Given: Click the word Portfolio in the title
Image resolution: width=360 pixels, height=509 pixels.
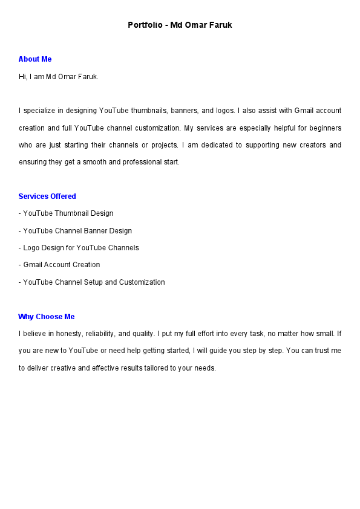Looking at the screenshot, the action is tap(144, 25).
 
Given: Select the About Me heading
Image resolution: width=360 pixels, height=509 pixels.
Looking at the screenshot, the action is tap(35, 59).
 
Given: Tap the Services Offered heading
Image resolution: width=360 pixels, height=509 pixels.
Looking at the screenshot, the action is tap(47, 196).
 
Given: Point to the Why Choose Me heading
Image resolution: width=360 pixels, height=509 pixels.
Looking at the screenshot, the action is tap(47, 317).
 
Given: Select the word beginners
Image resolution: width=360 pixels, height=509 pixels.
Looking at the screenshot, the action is tap(326, 128).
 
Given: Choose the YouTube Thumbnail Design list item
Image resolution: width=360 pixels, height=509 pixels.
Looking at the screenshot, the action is tap(68, 213).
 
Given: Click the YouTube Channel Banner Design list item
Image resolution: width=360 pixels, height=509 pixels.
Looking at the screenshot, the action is tap(77, 231).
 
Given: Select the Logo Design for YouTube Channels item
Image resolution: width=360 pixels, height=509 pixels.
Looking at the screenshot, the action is tap(80, 248).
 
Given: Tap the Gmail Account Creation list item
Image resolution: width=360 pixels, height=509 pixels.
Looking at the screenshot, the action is tap(61, 265).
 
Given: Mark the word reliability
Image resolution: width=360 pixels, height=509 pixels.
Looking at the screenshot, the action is tap(102, 334).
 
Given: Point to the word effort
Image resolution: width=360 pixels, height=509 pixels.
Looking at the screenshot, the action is tap(208, 334).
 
